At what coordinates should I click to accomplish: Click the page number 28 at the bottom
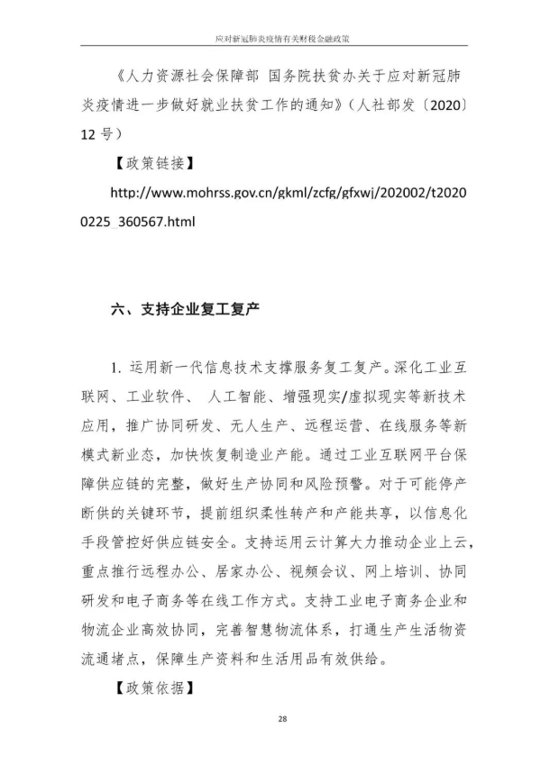282,718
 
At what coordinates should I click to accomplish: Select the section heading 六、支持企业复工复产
185,309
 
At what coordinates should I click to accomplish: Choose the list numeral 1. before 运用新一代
117,368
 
